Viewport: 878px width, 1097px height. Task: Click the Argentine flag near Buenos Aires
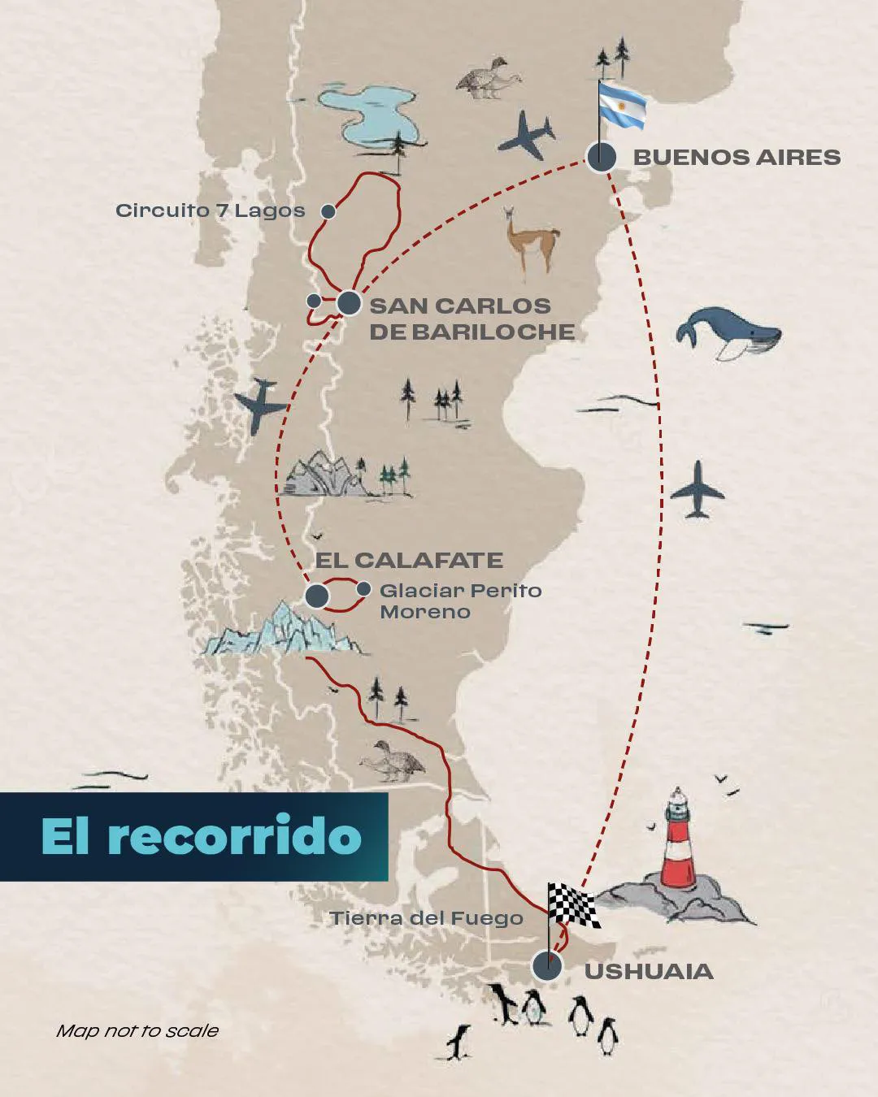622,106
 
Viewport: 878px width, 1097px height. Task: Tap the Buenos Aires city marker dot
602,157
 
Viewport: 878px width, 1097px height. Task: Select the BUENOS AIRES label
737,157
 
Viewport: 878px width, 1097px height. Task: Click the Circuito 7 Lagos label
210,210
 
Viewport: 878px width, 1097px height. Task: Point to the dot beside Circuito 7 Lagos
328,211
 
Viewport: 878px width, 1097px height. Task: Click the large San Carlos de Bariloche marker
349,304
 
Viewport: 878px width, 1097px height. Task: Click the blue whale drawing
726,332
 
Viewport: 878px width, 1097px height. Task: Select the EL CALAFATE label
409,560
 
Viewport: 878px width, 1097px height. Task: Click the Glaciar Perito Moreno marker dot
364,588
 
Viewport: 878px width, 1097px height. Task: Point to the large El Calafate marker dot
316,596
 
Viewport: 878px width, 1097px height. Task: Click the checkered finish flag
574,904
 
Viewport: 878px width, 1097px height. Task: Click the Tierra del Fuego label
426,918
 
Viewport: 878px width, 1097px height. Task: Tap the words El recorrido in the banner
201,835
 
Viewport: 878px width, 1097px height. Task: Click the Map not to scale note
137,1030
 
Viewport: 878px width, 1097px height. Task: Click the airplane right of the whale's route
697,488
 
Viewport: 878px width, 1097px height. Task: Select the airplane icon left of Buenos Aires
526,134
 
